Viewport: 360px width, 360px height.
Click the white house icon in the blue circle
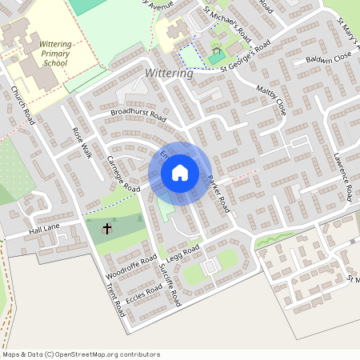tap(180, 173)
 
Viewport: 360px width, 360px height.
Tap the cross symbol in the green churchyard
tap(107, 229)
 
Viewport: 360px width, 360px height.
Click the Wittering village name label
tap(170, 74)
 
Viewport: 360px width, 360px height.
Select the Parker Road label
tap(218, 193)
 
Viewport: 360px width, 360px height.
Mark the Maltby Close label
tap(271, 100)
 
